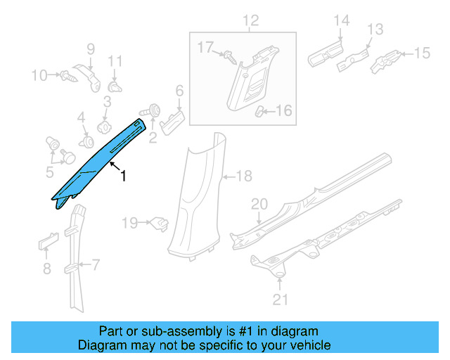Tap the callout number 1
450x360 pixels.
(x=124, y=176)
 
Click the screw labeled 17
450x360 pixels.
(x=229, y=56)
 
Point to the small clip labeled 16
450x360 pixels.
(x=260, y=110)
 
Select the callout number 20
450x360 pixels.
(x=259, y=204)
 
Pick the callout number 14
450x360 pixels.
(x=340, y=21)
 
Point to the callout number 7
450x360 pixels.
(x=96, y=265)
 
